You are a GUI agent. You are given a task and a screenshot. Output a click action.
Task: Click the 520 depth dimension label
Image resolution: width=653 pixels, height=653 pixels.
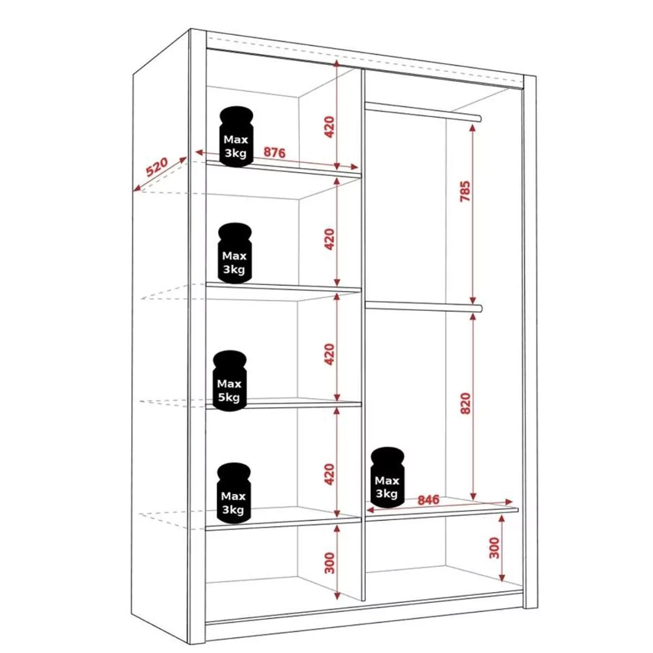tap(157, 167)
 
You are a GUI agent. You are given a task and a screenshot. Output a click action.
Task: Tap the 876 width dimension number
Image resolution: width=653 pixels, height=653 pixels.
tap(274, 152)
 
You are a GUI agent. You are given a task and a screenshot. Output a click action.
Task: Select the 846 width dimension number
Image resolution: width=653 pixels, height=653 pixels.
tap(428, 500)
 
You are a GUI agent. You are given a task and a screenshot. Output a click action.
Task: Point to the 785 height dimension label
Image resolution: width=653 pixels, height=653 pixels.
tap(465, 192)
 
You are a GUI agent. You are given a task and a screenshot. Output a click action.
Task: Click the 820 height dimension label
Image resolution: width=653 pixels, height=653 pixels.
tap(466, 403)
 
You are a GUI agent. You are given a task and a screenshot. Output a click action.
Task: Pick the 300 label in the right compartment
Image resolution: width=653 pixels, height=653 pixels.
tap(495, 548)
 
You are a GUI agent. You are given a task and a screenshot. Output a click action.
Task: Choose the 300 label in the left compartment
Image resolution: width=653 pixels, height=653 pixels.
tap(329, 563)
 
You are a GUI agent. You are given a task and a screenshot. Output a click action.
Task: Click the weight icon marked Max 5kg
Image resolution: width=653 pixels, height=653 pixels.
tap(230, 380)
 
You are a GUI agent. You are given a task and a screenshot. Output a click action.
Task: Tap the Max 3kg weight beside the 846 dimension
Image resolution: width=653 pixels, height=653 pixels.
tap(387, 477)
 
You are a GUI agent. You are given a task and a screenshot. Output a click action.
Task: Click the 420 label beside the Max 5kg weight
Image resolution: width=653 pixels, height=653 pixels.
tap(329, 354)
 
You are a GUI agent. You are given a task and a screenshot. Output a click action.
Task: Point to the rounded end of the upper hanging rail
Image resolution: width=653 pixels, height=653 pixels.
tap(479, 118)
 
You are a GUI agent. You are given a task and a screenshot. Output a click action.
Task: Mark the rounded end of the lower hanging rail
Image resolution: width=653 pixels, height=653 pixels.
tap(479, 308)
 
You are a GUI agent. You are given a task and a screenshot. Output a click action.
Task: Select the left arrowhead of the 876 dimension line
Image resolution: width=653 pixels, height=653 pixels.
tap(199, 152)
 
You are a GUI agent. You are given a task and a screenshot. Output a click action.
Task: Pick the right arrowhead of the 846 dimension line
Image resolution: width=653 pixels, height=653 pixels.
tap(508, 502)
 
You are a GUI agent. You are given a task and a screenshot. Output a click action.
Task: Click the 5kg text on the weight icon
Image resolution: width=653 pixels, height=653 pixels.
tap(229, 397)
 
